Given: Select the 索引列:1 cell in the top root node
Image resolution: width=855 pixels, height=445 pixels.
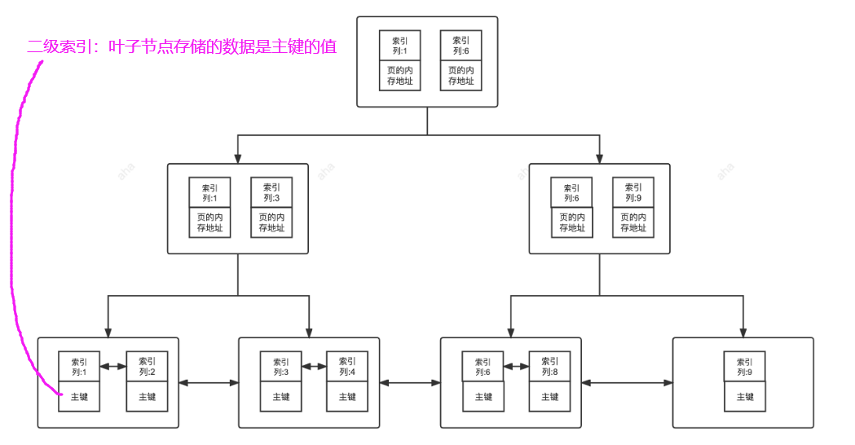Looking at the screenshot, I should coord(399,46).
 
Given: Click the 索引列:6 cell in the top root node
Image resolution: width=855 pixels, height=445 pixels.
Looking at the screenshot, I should coord(461,46).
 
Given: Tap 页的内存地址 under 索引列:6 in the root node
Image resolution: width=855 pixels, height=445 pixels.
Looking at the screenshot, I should coord(461,75).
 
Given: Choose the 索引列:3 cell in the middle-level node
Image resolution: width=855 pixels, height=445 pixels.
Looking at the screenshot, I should coord(271,192).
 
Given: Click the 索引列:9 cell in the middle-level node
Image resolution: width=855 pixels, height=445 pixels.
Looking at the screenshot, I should coord(633,192).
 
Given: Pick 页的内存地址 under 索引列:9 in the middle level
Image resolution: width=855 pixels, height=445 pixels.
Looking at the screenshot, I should coord(633,222).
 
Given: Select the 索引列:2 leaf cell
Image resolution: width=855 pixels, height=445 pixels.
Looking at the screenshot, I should coord(147,367).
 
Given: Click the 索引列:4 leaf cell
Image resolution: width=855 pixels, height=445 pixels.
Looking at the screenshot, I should coord(347,367).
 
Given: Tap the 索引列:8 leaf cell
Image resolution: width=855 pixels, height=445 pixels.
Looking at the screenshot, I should coord(549,367).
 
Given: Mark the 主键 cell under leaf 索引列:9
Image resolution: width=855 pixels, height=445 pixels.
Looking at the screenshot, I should coord(745,397).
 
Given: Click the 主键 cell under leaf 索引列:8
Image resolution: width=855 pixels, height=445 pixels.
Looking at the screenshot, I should coord(549,397).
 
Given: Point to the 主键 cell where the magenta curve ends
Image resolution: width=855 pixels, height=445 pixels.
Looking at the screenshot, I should coord(79,397).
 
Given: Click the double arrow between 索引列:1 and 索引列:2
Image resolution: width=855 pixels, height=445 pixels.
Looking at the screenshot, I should coord(113,367).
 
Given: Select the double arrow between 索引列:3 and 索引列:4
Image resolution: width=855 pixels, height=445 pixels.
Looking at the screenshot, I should coord(314,367).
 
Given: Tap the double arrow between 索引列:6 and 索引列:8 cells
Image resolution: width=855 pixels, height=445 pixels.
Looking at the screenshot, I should coord(516,367).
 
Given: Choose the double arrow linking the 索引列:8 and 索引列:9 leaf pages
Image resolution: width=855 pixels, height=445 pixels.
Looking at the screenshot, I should coord(627,382).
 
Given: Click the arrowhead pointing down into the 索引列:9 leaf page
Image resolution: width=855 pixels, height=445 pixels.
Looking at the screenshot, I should coord(743,333).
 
